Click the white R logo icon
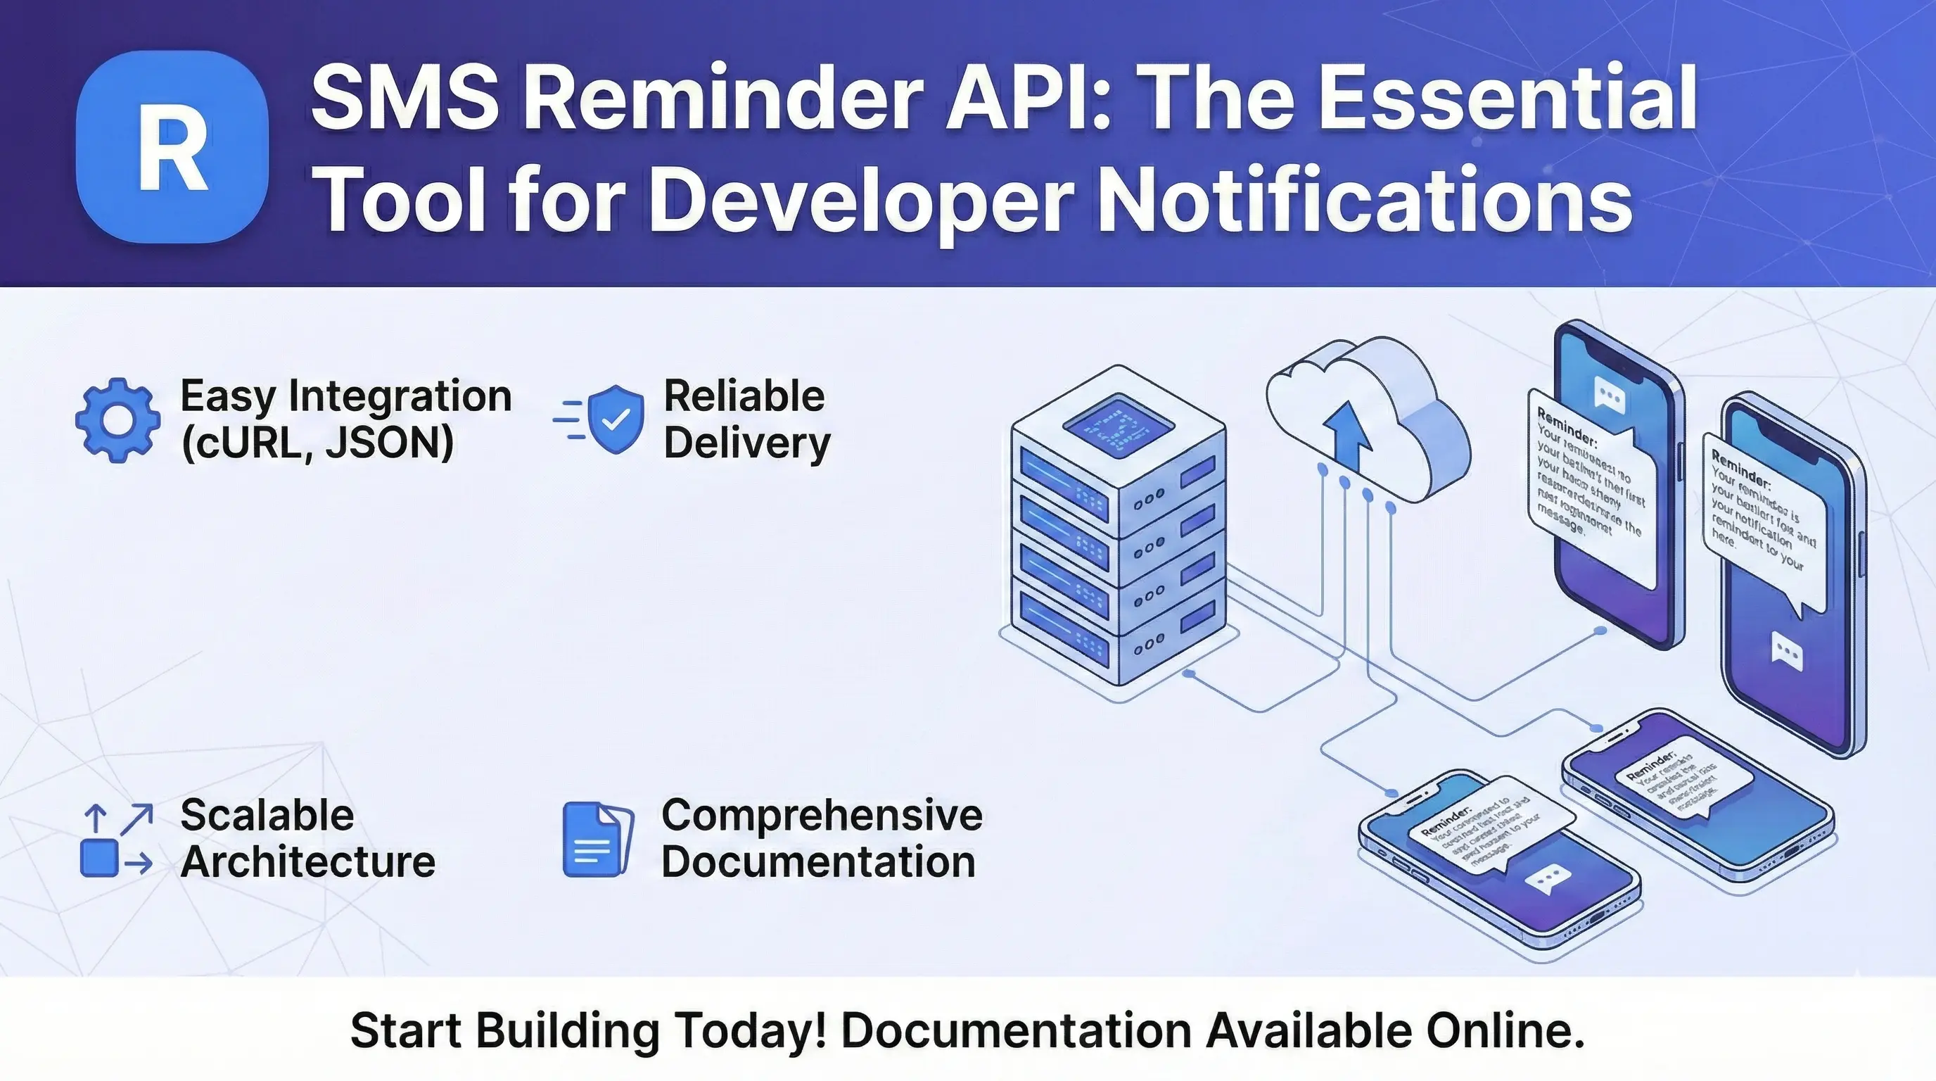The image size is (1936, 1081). coord(172,147)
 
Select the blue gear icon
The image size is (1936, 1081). coord(118,420)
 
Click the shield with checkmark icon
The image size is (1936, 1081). coord(616,419)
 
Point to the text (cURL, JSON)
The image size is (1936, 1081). coord(317,443)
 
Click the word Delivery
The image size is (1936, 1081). coord(746,443)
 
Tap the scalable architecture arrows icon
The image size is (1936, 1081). coord(117,840)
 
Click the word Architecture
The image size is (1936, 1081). coord(307,861)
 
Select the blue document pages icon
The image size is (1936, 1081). coord(597,839)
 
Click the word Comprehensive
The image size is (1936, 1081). coord(822,815)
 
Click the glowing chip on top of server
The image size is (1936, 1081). coord(1118,426)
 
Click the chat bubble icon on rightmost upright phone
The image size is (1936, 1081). coord(1786,651)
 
